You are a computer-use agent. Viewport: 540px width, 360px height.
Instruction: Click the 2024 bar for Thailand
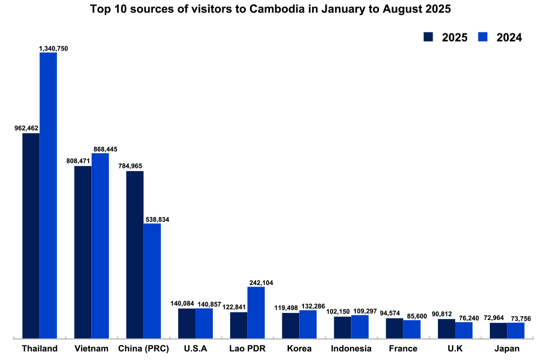point(48,195)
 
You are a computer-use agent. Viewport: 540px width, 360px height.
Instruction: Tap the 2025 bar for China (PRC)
point(135,254)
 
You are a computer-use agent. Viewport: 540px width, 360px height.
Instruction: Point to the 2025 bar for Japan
point(498,330)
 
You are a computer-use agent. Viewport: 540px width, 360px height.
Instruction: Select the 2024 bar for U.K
point(464,330)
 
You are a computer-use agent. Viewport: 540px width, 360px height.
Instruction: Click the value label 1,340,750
point(53,49)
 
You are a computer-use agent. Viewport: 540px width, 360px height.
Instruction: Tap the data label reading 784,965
point(131,166)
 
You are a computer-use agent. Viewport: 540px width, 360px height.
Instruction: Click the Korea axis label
point(299,349)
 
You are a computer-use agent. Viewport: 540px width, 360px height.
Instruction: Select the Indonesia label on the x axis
point(351,349)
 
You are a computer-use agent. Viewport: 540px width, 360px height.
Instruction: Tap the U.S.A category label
point(195,349)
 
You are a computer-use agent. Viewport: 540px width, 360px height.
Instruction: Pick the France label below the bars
point(403,349)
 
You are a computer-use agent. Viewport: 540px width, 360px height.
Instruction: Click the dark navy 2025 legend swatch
point(429,37)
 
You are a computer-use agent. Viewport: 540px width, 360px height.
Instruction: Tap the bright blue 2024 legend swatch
point(483,37)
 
